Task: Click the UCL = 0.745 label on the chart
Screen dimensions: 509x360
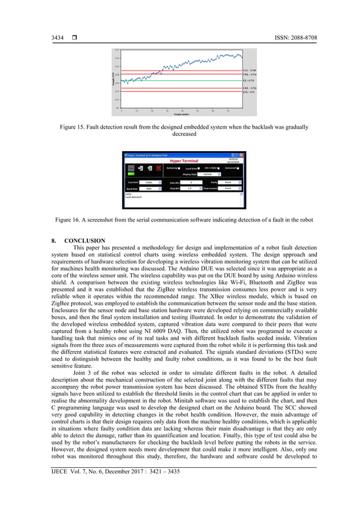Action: (x=250, y=71)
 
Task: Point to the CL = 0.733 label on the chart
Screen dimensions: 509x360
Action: (x=249, y=80)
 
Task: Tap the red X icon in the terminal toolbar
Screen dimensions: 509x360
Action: (x=159, y=168)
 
